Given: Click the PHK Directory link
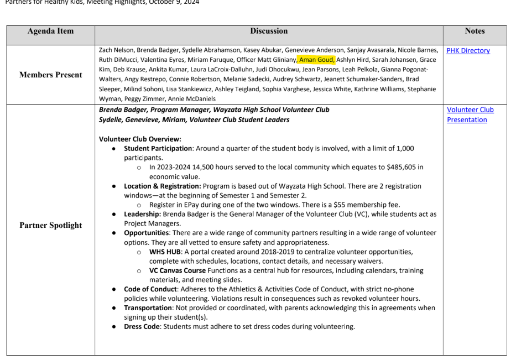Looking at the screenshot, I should coord(468,51).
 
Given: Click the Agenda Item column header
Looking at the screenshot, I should coord(50,31).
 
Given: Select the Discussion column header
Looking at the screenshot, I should coord(269,31).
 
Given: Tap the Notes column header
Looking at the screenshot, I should coord(475,31).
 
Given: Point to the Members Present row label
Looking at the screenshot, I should coord(50,75).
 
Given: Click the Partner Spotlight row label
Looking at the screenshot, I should coord(50,225).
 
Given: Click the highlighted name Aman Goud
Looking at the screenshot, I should coord(316,60).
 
